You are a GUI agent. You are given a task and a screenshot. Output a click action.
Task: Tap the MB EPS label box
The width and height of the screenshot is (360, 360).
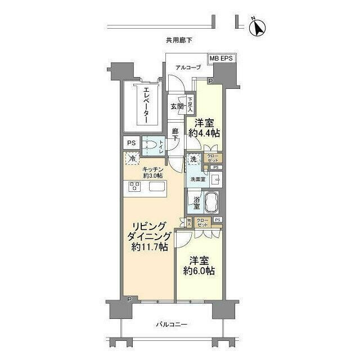point(222,58)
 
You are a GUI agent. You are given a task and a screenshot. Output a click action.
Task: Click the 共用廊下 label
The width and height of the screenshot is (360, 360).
point(179,40)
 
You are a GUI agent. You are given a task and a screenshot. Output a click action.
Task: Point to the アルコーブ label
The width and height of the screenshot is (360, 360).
point(188,68)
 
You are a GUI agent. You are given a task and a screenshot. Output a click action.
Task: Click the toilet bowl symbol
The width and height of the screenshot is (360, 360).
point(150,144)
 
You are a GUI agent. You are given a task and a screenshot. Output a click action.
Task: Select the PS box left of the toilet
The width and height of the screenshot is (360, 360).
point(130,143)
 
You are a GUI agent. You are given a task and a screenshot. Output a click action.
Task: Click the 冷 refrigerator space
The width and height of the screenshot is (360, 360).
point(132,160)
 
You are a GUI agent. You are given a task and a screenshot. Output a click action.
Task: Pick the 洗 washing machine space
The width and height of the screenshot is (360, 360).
point(193,160)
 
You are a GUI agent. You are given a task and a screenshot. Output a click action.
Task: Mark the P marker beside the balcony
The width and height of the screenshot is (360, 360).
point(129,299)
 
